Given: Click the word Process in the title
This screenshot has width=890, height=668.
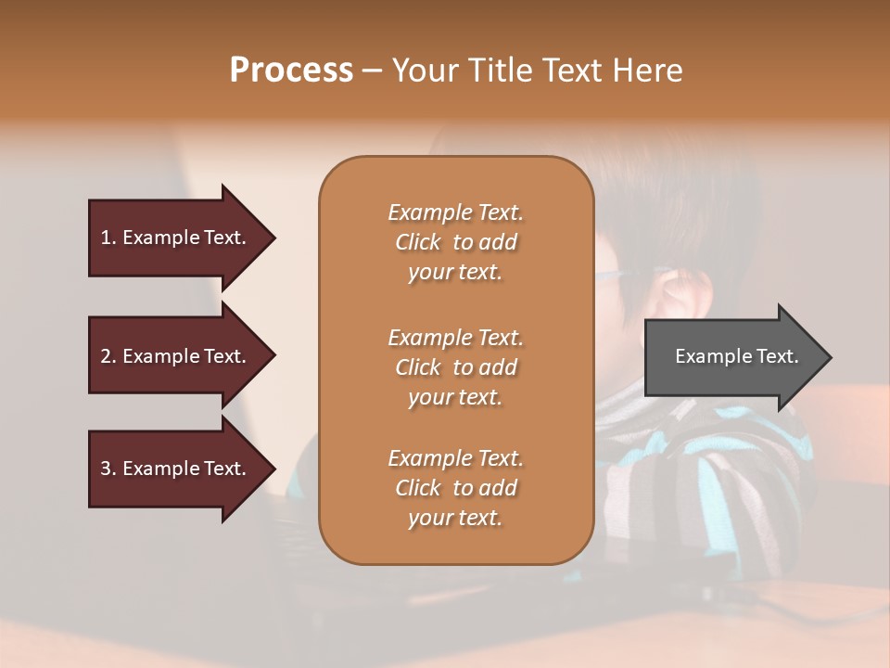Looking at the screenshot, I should pyautogui.click(x=291, y=70).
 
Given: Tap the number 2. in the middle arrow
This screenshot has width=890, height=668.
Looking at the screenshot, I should pyautogui.click(x=108, y=356).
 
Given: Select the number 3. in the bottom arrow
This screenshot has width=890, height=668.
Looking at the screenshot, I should pyautogui.click(x=108, y=469).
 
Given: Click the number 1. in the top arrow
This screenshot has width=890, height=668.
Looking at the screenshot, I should pyautogui.click(x=108, y=238).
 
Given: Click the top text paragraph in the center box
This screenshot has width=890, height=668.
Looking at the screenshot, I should pyautogui.click(x=455, y=242).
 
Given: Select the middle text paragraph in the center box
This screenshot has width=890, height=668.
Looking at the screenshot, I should pyautogui.click(x=455, y=367).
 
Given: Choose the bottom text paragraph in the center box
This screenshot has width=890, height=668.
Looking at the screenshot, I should pyautogui.click(x=455, y=488).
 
